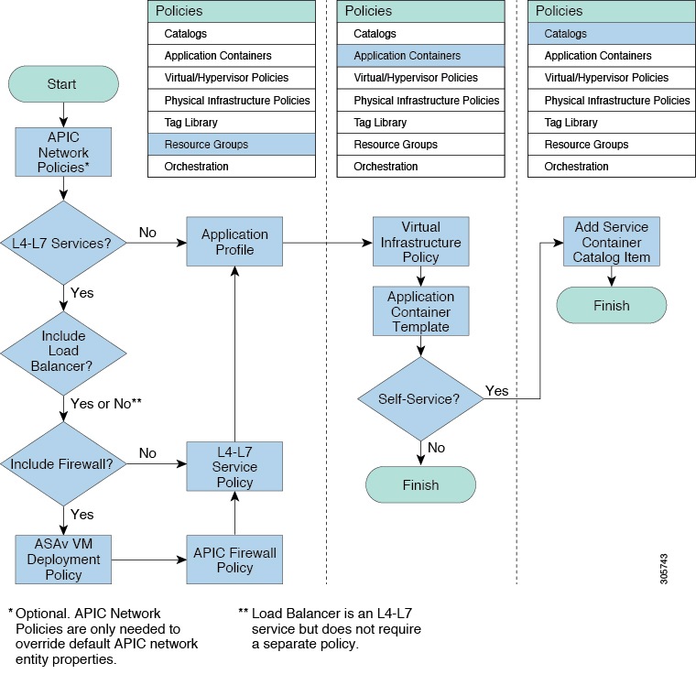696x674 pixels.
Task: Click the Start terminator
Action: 62,84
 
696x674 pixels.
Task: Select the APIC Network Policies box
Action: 62,151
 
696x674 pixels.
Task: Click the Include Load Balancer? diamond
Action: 62,351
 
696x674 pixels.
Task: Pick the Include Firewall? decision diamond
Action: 62,464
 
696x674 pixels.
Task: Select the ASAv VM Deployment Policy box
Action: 62,560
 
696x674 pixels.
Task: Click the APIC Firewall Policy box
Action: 234,560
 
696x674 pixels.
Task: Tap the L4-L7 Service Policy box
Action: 234,466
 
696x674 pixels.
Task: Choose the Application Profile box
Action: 234,242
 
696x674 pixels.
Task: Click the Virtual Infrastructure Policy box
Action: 420,242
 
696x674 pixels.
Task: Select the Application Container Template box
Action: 420,311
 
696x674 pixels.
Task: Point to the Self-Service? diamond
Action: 420,399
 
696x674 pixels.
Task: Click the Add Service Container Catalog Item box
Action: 612,242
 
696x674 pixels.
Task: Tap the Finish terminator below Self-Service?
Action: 420,485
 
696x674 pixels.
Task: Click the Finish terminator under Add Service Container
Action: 612,306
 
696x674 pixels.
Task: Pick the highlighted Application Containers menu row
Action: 420,56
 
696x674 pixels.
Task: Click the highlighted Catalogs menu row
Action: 611,34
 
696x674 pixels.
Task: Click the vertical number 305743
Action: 664,568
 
